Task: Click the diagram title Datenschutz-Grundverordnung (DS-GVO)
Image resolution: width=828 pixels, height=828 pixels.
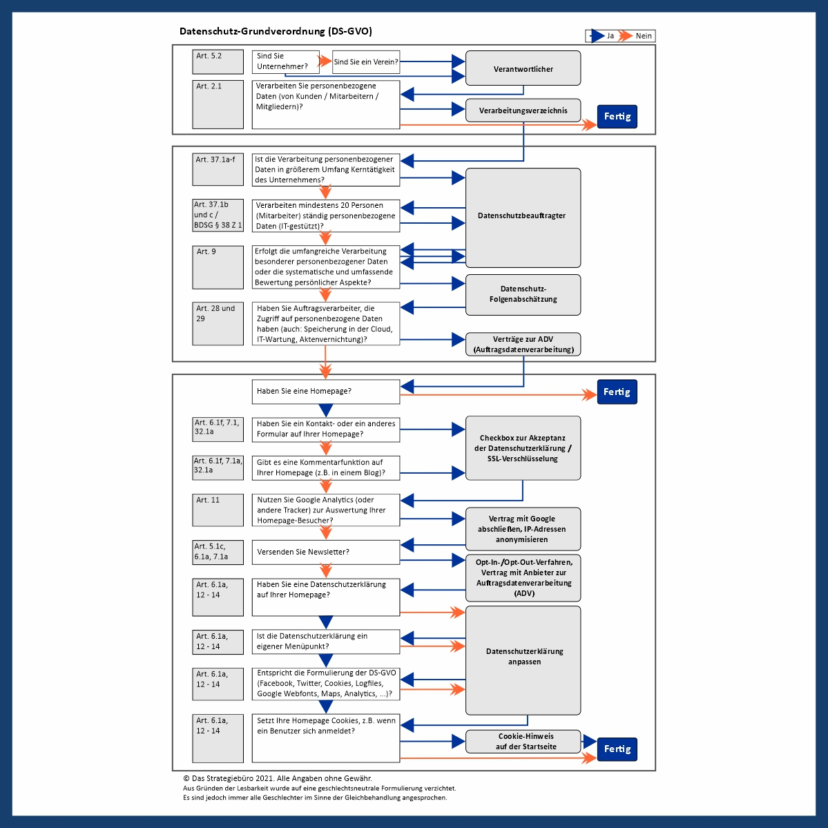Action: (276, 31)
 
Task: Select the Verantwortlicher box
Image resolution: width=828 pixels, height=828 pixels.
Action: (523, 68)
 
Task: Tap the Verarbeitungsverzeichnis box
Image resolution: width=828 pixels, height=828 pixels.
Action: (523, 110)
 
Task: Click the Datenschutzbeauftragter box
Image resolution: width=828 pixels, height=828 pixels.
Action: (523, 217)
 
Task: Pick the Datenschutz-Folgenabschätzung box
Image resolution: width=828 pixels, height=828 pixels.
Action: (523, 294)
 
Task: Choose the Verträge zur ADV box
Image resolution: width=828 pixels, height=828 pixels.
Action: (523, 344)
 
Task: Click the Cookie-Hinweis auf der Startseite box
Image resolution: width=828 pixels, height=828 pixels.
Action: (526, 741)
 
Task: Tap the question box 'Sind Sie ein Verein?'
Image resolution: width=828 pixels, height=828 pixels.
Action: (365, 62)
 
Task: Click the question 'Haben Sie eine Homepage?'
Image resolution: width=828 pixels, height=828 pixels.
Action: (325, 392)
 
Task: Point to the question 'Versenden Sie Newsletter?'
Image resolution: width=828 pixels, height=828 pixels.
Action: (325, 552)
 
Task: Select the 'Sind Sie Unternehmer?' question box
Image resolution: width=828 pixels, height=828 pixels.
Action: (285, 61)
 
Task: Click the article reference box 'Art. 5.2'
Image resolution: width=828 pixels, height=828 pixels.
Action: (218, 61)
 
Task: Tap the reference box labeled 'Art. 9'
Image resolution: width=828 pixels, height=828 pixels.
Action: (218, 267)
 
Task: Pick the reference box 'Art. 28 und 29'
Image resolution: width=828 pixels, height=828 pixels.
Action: (218, 323)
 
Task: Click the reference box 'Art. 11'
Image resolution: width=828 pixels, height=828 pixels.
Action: (218, 510)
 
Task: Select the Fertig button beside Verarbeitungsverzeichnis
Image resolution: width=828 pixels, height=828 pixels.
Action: (617, 117)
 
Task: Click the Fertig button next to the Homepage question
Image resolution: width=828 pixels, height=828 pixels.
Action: (617, 392)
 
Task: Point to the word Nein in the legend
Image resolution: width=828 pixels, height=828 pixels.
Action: (643, 36)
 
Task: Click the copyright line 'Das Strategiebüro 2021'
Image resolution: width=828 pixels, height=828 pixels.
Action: (278, 778)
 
